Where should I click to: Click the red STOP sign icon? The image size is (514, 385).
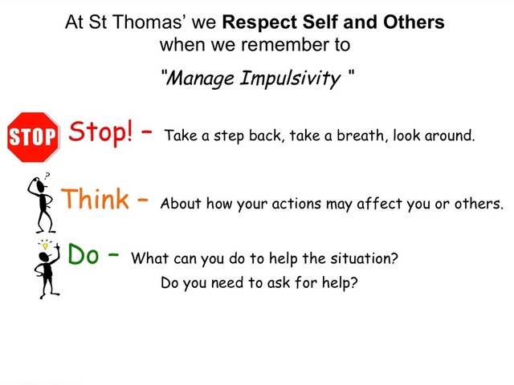(33, 137)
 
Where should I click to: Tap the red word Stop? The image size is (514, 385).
(101, 132)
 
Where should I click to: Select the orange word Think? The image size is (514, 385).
(95, 198)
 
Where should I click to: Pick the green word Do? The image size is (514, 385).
(83, 253)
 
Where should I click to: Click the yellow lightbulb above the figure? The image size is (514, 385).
(45, 245)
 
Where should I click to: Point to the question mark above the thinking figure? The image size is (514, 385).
(47, 176)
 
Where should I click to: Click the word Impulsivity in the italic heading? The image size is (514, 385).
(291, 79)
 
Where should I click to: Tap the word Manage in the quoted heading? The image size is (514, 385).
(201, 79)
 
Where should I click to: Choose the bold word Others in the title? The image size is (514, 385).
(414, 22)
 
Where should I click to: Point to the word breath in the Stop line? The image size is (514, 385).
(361, 136)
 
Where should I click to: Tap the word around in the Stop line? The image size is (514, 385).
(450, 136)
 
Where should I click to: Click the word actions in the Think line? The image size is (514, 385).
(296, 204)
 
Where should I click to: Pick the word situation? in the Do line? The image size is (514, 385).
(364, 258)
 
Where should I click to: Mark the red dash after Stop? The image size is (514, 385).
(146, 132)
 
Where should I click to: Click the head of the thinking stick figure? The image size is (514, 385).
(40, 187)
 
